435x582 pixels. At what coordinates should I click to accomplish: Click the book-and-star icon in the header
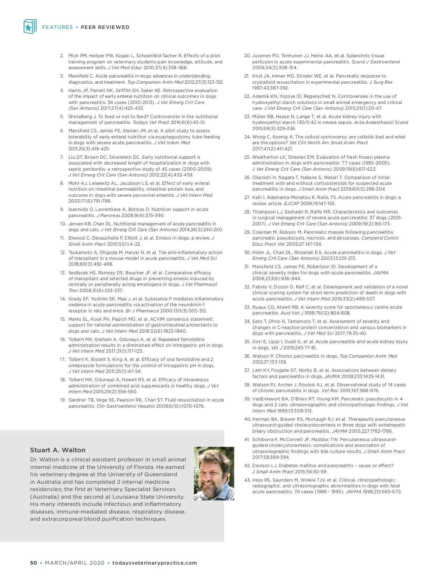(30, 27)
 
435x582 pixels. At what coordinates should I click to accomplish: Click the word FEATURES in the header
(57, 27)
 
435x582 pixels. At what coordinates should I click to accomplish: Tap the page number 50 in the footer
(33, 563)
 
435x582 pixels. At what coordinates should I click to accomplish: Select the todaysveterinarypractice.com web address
(154, 563)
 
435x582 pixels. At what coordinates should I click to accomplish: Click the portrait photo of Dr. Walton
(214, 473)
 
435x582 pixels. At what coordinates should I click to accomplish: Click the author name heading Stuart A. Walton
(58, 450)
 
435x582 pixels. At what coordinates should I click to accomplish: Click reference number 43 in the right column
(247, 480)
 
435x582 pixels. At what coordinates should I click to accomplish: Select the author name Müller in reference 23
(260, 117)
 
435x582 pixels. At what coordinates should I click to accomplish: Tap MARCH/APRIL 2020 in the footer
(75, 563)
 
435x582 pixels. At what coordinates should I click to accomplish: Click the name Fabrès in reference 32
(260, 287)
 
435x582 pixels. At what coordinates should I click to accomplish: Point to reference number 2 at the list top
(62, 56)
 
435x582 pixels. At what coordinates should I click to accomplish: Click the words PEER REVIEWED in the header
(105, 27)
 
